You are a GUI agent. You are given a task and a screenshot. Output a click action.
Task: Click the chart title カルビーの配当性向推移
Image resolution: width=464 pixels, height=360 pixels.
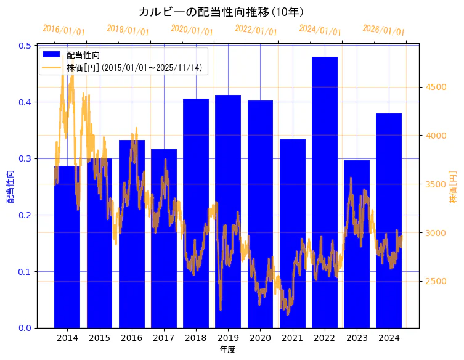click(221, 12)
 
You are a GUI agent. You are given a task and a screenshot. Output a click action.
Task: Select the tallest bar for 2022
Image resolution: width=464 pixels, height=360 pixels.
click(325, 192)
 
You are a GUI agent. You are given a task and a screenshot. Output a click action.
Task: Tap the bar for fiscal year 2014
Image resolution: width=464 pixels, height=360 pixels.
click(67, 247)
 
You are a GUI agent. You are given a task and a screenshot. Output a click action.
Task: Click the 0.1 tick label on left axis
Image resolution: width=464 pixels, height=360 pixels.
click(25, 272)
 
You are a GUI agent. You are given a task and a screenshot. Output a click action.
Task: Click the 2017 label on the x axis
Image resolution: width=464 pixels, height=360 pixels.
click(164, 338)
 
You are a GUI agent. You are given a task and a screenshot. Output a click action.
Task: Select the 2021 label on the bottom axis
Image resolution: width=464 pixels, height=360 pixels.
click(293, 338)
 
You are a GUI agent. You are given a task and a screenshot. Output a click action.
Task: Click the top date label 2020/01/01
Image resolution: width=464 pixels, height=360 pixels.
click(192, 30)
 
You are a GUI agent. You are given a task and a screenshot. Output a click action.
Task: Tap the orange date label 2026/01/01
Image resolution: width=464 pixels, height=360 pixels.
click(383, 30)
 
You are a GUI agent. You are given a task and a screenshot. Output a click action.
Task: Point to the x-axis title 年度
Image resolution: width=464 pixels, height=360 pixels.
click(227, 350)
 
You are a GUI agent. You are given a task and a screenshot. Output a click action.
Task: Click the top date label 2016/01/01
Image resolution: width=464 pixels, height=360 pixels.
click(63, 30)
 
